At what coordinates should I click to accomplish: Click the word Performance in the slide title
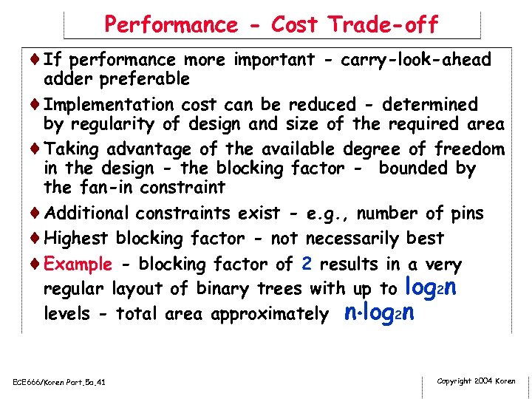171,25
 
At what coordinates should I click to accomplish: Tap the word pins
465,214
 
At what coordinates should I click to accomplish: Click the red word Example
78,265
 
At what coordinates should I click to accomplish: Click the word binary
222,289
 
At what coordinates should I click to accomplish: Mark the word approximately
270,314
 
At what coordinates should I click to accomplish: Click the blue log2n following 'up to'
432,287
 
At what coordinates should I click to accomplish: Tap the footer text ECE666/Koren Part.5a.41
59,382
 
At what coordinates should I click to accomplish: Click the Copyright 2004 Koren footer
476,381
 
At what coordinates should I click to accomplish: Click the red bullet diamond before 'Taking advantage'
37,149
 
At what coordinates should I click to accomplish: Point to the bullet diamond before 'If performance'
37,60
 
